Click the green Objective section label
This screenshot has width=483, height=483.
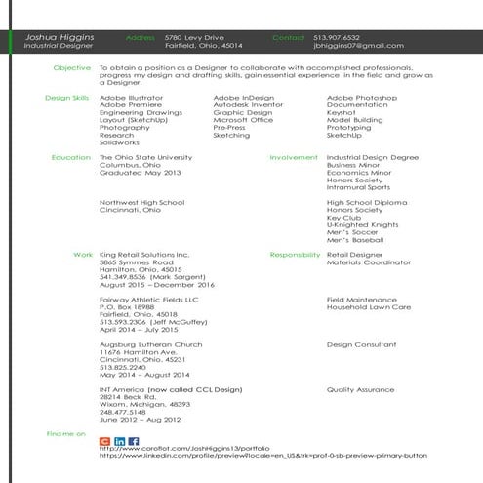coord(72,68)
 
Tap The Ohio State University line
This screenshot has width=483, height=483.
coord(141,157)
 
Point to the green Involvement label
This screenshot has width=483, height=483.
coord(294,157)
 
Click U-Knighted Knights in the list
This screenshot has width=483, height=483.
coord(362,223)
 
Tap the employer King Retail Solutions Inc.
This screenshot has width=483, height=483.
coord(144,254)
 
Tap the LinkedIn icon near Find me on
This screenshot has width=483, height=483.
coord(119,442)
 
